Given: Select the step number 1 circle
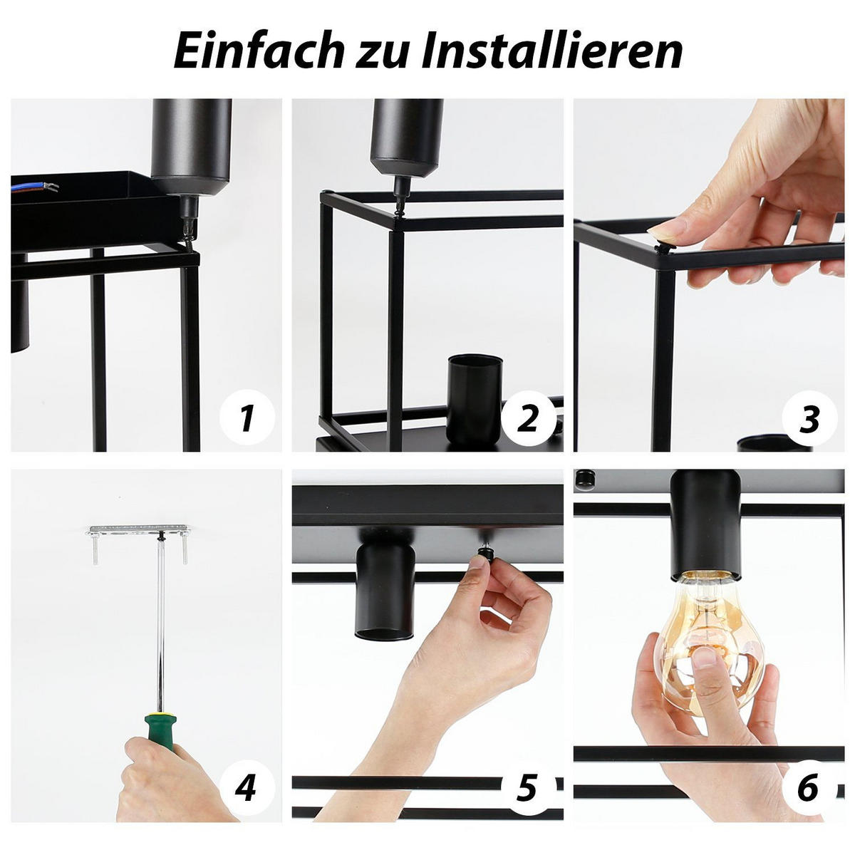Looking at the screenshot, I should point(247,418).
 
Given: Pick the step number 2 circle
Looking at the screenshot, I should point(527,418).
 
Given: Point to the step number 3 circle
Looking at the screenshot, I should point(809,419).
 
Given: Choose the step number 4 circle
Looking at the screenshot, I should point(247,787).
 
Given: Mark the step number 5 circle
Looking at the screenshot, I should point(527,787).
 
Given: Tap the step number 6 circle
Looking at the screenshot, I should point(808,787).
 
